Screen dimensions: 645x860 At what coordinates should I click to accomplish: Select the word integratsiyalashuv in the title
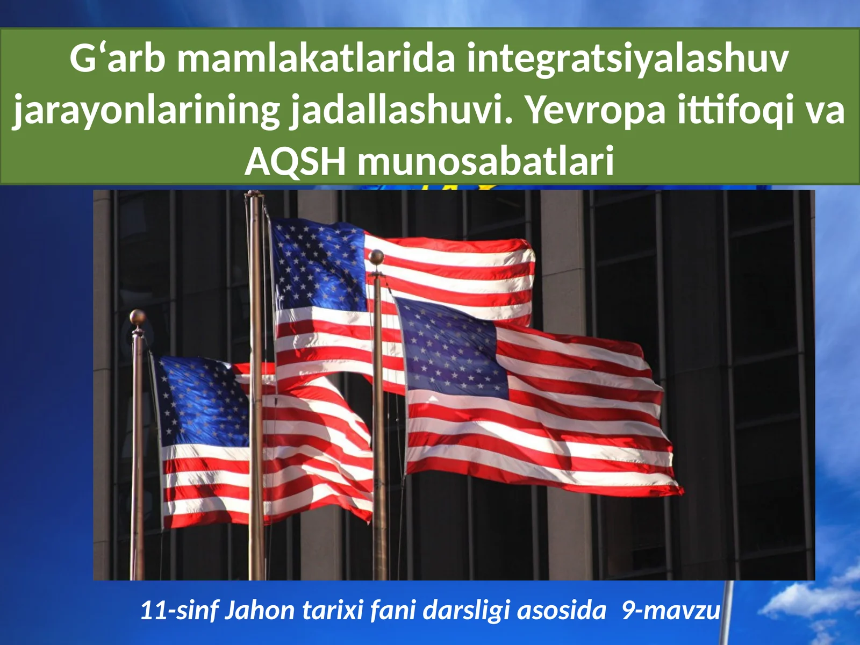click(x=628, y=59)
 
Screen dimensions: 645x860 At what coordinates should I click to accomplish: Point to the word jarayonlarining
click(x=146, y=111)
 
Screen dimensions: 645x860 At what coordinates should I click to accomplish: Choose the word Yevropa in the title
click(x=594, y=111)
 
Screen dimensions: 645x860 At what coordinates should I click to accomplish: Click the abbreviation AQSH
click(x=295, y=161)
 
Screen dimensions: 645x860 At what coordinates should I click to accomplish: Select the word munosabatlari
click(x=486, y=161)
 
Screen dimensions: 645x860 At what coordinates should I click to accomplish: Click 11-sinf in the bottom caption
click(x=178, y=611)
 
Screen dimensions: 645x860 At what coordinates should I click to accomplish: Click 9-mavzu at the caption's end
click(x=671, y=611)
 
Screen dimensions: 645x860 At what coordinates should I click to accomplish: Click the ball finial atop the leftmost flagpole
click(x=138, y=316)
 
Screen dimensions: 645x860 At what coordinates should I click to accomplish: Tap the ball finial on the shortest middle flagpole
click(x=377, y=257)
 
